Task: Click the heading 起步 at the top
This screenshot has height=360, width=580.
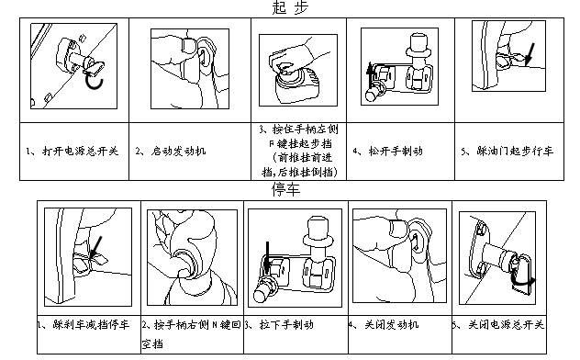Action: (290, 8)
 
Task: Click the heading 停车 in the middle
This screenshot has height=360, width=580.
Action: (286, 190)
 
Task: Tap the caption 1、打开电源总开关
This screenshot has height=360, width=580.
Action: (73, 150)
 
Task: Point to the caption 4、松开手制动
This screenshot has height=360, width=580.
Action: (388, 150)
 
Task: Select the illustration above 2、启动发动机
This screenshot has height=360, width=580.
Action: (187, 62)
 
